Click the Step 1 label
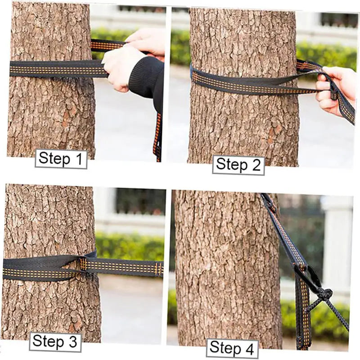[61, 159]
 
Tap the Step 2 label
[238, 165]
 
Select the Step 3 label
[55, 342]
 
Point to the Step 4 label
[232, 348]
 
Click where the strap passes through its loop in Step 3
[83, 263]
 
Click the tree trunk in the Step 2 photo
[243, 121]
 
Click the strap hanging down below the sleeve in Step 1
[157, 135]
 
